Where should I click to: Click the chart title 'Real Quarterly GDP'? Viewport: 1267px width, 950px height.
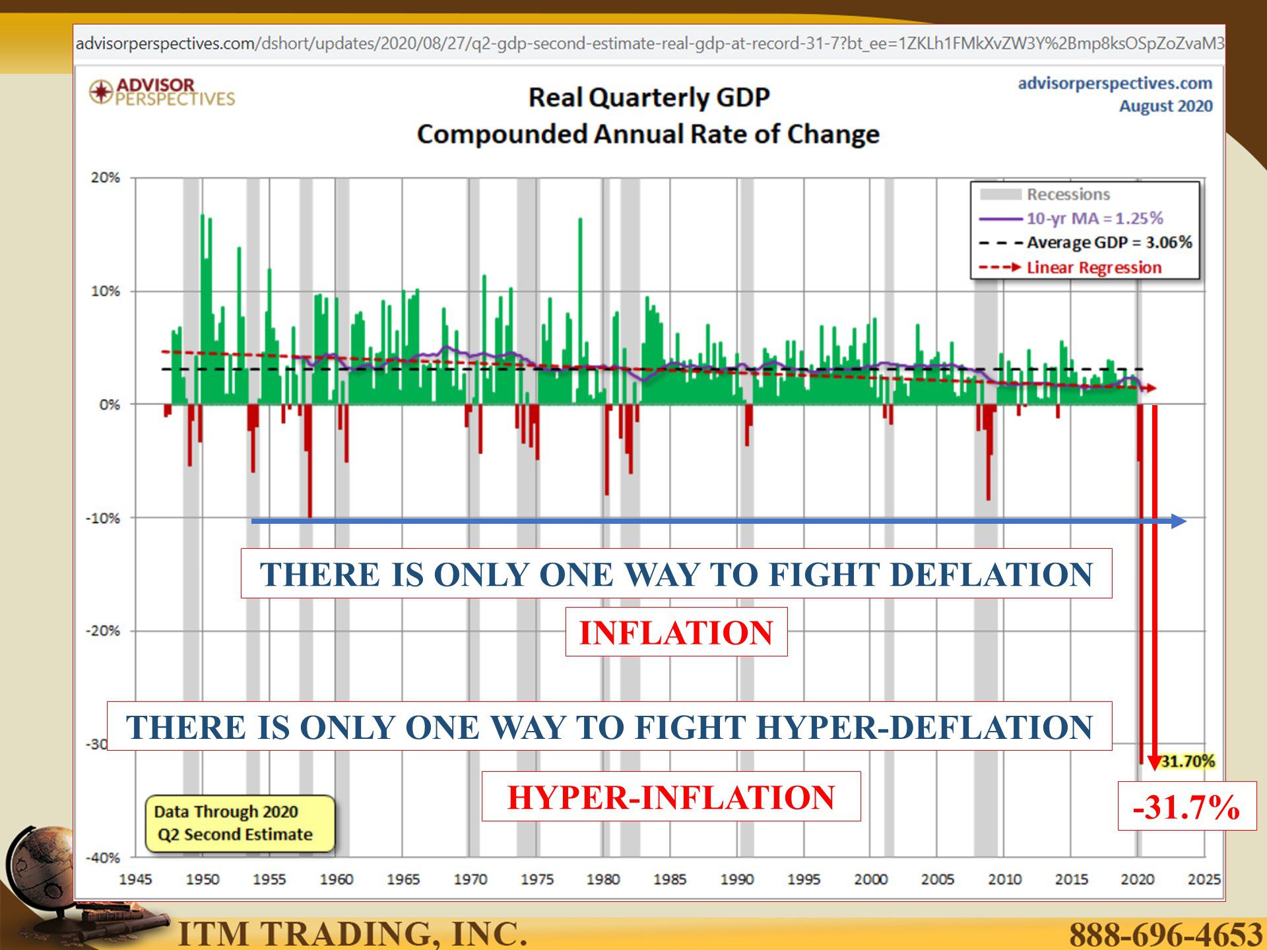[x=649, y=98]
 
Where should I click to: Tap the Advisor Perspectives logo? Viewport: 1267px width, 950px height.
[x=162, y=92]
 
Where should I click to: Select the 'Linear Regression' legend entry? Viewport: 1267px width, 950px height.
[x=1070, y=267]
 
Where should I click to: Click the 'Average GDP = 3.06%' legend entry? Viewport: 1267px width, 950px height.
[x=1086, y=242]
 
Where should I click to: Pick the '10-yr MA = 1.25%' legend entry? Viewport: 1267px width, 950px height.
[x=1071, y=218]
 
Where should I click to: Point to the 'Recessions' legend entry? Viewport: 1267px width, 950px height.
[x=1045, y=194]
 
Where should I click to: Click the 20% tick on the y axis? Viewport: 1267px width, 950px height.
[x=106, y=177]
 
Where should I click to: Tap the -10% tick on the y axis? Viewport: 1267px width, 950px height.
[x=103, y=518]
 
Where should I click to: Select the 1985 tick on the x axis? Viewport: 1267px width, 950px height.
[x=670, y=879]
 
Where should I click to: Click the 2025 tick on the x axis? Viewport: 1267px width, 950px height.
[x=1204, y=879]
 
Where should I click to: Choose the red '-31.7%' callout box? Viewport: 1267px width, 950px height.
[x=1186, y=806]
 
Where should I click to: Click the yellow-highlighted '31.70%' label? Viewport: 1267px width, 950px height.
[x=1188, y=761]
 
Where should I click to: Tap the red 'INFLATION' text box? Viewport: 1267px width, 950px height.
[x=676, y=632]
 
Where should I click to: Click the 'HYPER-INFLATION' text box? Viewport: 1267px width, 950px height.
[x=671, y=796]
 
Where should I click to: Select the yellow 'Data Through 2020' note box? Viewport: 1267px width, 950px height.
[x=240, y=823]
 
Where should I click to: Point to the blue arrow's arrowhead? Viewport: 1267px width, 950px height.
[x=1179, y=521]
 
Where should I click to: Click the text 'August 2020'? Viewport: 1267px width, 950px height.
[x=1165, y=106]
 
